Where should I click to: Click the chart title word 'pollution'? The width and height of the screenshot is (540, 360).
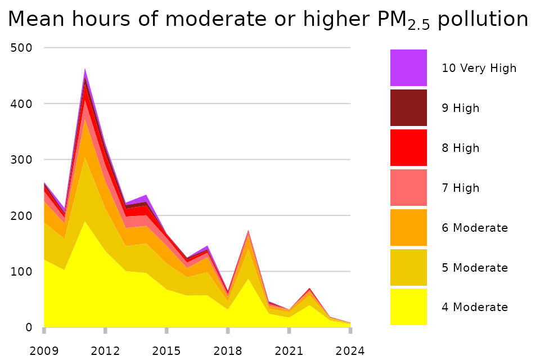(483, 19)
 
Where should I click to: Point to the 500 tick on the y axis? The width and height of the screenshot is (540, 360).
(21, 48)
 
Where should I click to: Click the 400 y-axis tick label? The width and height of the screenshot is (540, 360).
(21, 104)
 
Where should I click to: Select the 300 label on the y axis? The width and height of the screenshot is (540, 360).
(21, 160)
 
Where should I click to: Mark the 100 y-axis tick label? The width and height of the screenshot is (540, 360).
(21, 272)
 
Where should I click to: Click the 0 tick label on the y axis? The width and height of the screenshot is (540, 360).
(28, 327)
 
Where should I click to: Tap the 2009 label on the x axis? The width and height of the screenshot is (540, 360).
(44, 351)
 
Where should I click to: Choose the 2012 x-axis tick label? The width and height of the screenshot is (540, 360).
(105, 351)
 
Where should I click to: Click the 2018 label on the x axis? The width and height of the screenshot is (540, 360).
(228, 351)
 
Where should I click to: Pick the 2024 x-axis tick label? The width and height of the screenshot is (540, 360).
(350, 351)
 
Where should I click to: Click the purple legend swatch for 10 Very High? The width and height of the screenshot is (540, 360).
(408, 67)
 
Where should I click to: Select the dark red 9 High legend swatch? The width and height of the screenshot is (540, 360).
(408, 107)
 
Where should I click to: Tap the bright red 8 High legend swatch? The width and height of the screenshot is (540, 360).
(408, 147)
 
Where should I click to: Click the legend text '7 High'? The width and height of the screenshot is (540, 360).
(461, 188)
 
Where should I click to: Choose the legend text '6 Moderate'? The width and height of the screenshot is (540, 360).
(475, 228)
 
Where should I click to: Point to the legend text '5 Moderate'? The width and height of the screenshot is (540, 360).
(475, 268)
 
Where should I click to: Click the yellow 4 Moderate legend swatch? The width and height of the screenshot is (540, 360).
(408, 307)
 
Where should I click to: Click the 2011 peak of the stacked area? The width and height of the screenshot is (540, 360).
(85, 70)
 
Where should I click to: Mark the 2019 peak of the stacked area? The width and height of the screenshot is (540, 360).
(248, 231)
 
